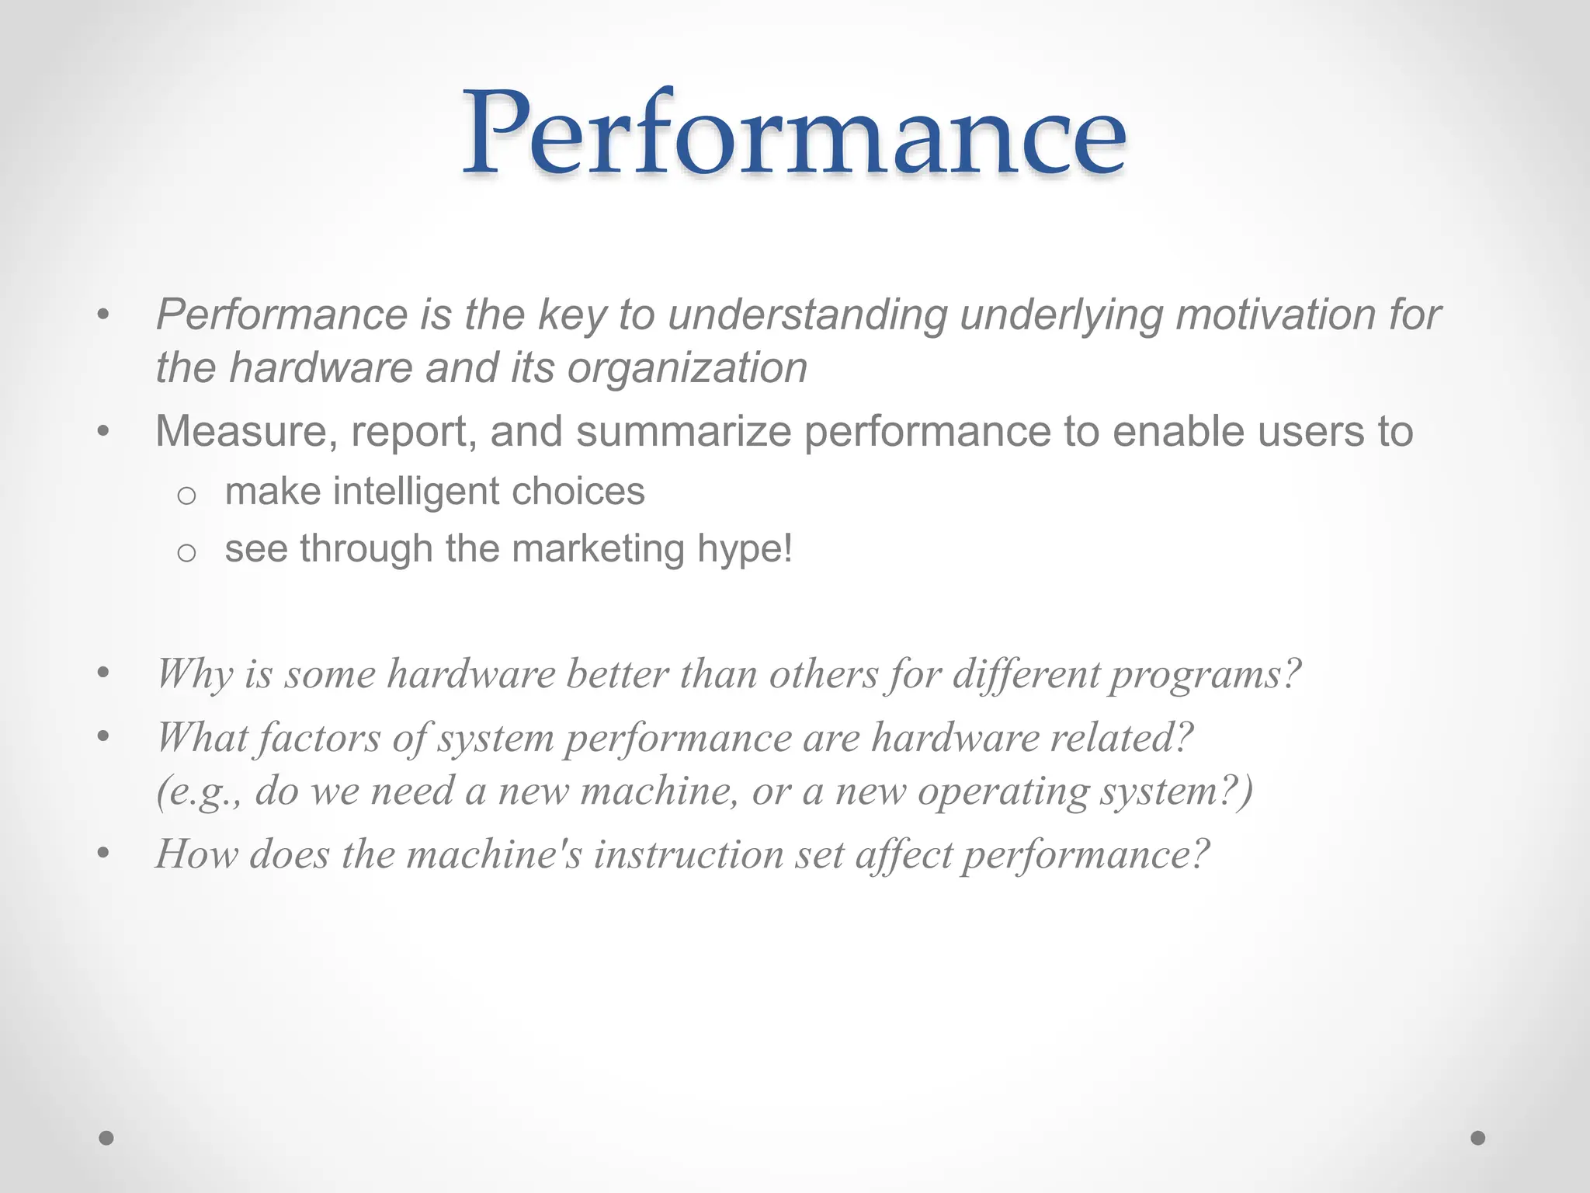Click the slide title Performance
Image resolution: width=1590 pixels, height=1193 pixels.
click(793, 134)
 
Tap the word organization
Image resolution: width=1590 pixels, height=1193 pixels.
click(687, 368)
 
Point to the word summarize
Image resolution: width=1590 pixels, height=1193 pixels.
click(683, 432)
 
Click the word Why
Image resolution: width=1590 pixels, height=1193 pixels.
click(194, 674)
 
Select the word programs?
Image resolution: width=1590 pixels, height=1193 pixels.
click(1203, 674)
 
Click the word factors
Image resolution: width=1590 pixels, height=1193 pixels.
click(319, 738)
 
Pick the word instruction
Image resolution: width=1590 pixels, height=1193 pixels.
click(689, 854)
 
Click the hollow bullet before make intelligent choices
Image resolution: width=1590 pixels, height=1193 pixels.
click(186, 495)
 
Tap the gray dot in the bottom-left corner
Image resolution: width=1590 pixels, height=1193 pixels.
click(106, 1138)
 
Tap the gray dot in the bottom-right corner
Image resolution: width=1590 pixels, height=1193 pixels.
click(1478, 1138)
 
